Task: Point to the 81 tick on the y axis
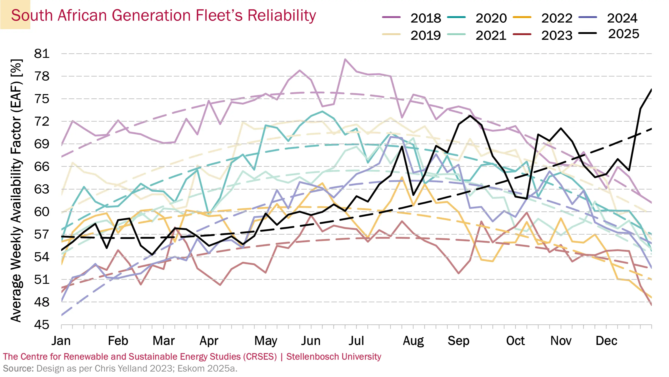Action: coord(42,54)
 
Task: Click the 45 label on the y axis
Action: coord(42,325)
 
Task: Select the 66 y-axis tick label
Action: coord(42,167)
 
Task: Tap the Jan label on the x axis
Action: coord(61,341)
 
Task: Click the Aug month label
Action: coord(413,341)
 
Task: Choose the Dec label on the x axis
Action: coord(606,341)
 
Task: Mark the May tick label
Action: coord(266,341)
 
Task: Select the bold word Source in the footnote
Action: coord(18,368)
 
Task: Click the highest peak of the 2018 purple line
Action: coord(345,59)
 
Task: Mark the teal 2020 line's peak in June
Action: coord(322,111)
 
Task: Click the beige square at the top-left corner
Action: coord(15,15)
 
